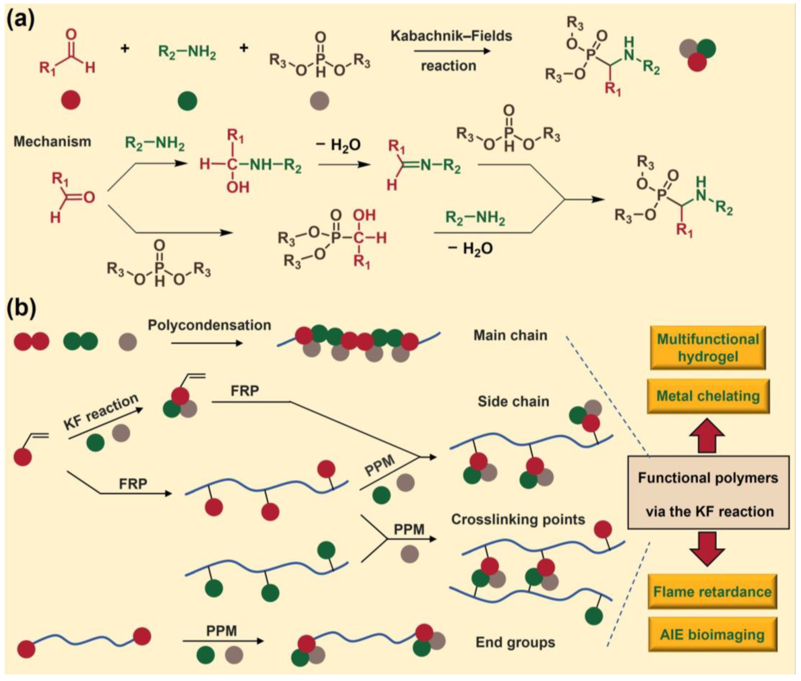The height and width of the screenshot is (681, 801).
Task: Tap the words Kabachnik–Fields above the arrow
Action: coord(451,36)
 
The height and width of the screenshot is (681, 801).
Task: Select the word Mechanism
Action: coord(53,142)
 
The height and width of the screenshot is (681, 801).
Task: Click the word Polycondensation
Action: coord(209,325)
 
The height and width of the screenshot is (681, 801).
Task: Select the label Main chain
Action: coord(510,335)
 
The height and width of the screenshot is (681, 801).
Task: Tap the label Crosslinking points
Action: coord(518,520)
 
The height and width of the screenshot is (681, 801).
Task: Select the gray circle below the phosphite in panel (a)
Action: coord(320,101)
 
